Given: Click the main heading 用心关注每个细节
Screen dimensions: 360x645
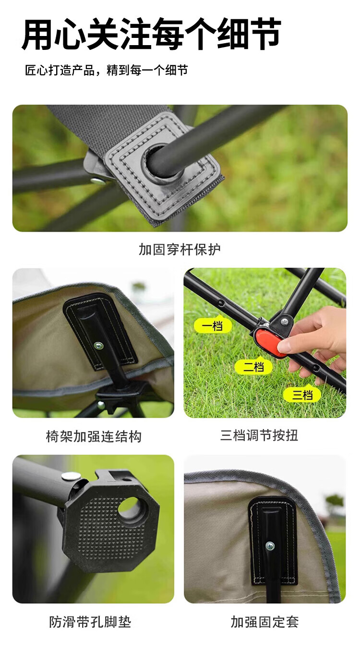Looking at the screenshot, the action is (152, 34).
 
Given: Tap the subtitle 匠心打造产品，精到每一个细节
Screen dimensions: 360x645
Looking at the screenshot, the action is (107, 70).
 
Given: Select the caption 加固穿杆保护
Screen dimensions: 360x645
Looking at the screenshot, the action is (180, 250).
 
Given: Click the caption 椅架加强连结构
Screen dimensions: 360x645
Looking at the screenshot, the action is (94, 436).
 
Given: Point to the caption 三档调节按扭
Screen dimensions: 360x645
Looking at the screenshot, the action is (259, 435).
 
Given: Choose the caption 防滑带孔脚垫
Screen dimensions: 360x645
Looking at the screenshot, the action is (90, 622).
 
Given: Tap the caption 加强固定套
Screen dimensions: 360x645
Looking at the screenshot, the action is (264, 622).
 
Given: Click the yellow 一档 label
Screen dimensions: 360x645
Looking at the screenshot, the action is (213, 326).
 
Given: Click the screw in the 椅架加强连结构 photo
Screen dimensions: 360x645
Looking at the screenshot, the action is (99, 346).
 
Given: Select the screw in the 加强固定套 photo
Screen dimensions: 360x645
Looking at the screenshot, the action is (270, 545).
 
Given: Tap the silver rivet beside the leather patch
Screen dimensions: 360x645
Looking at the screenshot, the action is (97, 181).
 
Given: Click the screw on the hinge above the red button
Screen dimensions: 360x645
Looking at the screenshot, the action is (284, 321).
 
